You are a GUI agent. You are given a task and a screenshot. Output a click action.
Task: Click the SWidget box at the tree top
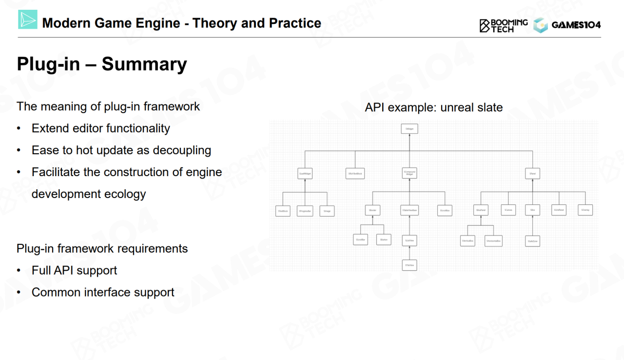tap(409, 129)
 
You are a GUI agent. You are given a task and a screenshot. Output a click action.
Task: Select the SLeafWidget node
tap(305, 173)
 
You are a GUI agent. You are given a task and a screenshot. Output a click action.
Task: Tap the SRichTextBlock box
tap(355, 173)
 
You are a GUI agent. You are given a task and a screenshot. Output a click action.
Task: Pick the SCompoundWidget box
tap(409, 173)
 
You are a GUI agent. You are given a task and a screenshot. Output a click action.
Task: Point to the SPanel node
tap(532, 173)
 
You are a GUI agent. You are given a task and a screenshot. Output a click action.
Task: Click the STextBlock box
tap(283, 211)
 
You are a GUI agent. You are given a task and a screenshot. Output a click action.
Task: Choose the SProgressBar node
tap(305, 211)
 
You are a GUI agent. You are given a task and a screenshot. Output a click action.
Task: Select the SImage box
tap(327, 211)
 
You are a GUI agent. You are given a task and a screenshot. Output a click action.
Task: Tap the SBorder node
tap(372, 211)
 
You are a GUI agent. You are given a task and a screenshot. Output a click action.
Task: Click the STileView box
tap(409, 265)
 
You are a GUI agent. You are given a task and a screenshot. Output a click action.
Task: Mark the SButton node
tap(384, 240)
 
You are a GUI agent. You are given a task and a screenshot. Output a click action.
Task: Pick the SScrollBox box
tap(444, 211)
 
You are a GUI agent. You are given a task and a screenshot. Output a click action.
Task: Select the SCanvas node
tap(508, 210)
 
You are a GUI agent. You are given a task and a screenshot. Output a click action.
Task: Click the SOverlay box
tap(585, 210)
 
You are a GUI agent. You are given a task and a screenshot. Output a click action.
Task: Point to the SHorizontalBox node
tap(493, 240)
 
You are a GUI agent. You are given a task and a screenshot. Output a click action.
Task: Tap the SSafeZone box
tap(532, 240)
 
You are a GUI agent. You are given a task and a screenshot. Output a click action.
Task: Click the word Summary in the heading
tap(144, 64)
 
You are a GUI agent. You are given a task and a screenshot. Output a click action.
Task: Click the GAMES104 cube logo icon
tap(540, 25)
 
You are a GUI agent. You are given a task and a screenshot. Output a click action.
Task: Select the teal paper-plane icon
tap(28, 20)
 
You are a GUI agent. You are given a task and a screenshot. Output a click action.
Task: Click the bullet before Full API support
tap(19, 271)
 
